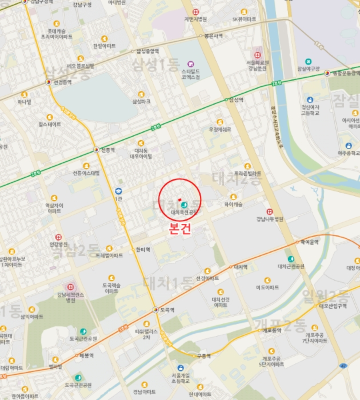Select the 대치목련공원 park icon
(184, 205)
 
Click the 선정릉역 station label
(62, 82)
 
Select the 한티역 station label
(143, 249)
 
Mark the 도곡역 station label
(167, 310)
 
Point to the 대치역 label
(239, 267)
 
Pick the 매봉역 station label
(87, 355)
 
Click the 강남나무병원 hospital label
(270, 219)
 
